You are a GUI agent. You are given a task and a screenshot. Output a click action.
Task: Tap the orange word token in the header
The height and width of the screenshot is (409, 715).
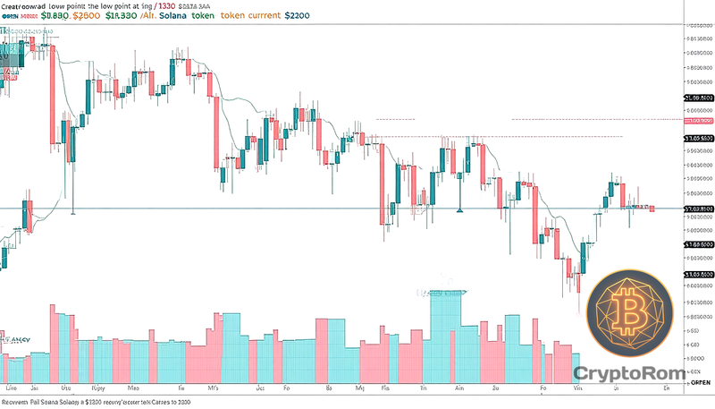pyautogui.click(x=260, y=16)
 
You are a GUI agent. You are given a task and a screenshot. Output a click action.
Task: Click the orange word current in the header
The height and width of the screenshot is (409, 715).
pyautogui.click(x=303, y=16)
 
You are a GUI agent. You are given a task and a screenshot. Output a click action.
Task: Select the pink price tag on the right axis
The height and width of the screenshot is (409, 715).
pyautogui.click(x=698, y=120)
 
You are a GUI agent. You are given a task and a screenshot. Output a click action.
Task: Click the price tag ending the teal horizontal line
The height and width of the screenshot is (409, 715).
pyautogui.click(x=698, y=209)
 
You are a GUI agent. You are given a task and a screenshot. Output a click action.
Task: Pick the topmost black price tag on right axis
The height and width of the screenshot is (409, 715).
pyautogui.click(x=698, y=98)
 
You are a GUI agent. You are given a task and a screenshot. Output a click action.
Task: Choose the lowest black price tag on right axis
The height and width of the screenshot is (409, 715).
pyautogui.click(x=698, y=275)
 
